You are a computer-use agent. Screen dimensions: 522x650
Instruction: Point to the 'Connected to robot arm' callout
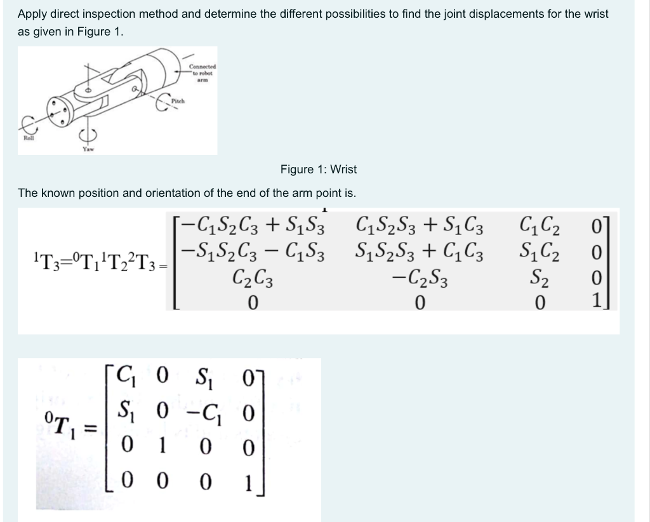(x=202, y=70)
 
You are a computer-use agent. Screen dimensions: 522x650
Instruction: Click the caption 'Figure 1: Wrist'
(x=318, y=170)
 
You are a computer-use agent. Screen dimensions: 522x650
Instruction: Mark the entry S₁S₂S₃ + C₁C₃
(x=420, y=251)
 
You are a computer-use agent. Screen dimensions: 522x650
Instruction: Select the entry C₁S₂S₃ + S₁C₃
(x=420, y=225)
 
